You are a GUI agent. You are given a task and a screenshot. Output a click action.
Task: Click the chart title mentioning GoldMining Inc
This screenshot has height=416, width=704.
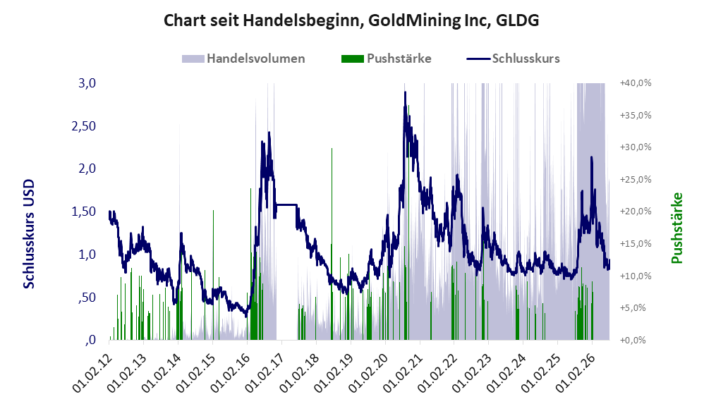coord(351,20)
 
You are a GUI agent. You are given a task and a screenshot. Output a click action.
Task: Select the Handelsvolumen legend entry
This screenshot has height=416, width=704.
coord(243,59)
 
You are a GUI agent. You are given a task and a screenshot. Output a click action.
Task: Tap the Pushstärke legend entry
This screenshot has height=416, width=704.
coord(386,59)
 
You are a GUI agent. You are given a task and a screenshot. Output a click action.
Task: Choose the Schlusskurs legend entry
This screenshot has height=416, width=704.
coord(513,59)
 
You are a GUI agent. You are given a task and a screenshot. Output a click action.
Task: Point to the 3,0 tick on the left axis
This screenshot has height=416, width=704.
coord(87,83)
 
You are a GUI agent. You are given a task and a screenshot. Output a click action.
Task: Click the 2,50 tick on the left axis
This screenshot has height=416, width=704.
coord(84,126)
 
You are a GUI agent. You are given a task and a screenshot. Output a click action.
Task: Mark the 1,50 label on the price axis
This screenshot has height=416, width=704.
coord(84,212)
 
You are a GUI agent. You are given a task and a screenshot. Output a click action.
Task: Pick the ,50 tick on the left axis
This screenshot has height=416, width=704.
coord(87,297)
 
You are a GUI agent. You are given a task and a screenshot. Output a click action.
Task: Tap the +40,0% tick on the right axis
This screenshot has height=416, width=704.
coord(636,83)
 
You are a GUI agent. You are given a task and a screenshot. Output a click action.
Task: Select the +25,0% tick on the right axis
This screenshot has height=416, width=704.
coord(636,180)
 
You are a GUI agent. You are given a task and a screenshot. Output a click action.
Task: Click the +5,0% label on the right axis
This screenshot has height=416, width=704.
coord(637,308)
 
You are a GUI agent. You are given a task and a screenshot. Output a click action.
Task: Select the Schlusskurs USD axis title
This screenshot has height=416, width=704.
coord(28,234)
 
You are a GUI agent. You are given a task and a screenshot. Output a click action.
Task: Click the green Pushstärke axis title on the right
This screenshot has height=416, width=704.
coord(676,228)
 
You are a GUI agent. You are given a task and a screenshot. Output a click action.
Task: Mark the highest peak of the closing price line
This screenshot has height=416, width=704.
coord(405,92)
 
